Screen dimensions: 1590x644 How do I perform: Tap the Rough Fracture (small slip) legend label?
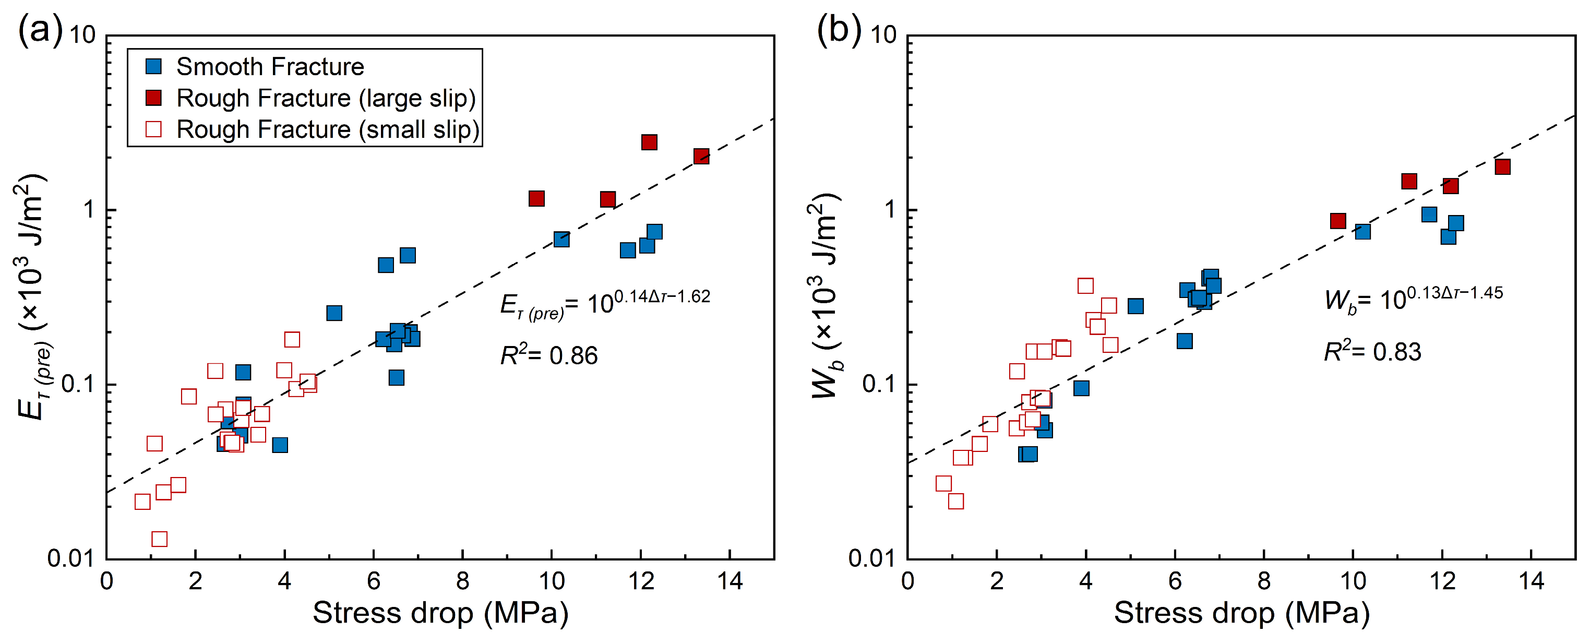coord(328,129)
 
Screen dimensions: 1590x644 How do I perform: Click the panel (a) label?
coord(41,29)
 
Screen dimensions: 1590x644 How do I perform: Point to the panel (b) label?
coord(839,29)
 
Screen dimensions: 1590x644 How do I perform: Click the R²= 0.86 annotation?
coord(549,354)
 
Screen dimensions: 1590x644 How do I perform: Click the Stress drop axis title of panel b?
coord(1241,613)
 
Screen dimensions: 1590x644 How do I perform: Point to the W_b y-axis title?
coord(824,296)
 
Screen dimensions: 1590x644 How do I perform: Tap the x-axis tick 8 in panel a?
coord(462,581)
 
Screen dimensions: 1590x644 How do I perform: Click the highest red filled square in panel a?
coord(649,142)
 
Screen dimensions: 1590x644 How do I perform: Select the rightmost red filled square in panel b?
coord(1502,166)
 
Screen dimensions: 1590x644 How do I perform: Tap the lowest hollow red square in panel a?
coord(159,539)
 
